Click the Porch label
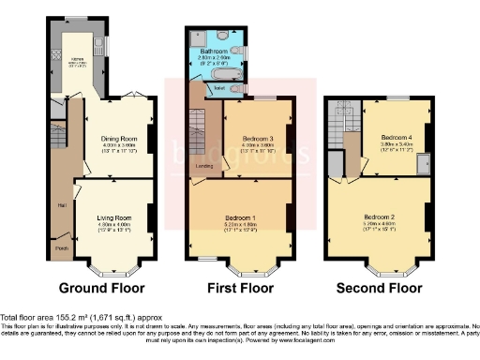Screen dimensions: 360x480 pos(61,248)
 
